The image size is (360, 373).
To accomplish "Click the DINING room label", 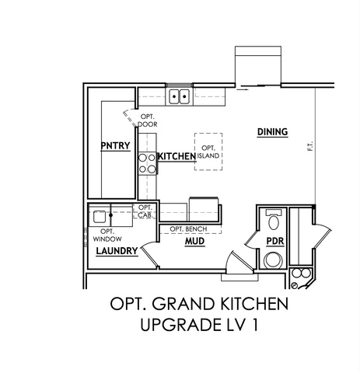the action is (x=272, y=132).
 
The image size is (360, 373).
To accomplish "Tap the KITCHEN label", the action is (x=177, y=156).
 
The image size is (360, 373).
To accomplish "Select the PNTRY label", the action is (x=115, y=146).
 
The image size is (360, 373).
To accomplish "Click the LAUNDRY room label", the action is (x=117, y=251).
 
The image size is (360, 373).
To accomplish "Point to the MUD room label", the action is (x=194, y=242).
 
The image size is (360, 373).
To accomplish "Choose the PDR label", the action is (x=275, y=242).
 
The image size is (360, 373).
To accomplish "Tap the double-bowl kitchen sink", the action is (x=179, y=96).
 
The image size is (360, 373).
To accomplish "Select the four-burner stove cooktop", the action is (x=148, y=163).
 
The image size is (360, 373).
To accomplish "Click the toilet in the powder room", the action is (x=274, y=220).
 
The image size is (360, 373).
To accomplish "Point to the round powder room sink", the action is (x=273, y=260).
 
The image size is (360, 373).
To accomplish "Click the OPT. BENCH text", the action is (x=188, y=229).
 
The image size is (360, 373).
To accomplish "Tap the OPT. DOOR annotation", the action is (x=148, y=120).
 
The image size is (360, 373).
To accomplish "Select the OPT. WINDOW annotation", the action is (x=107, y=235).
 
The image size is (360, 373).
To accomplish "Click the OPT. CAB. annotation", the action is (x=145, y=211).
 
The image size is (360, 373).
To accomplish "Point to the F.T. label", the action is (x=310, y=146).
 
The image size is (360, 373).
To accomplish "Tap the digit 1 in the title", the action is (x=256, y=325).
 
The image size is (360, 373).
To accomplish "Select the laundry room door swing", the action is (x=149, y=255).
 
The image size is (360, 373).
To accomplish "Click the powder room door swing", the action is (x=250, y=239).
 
